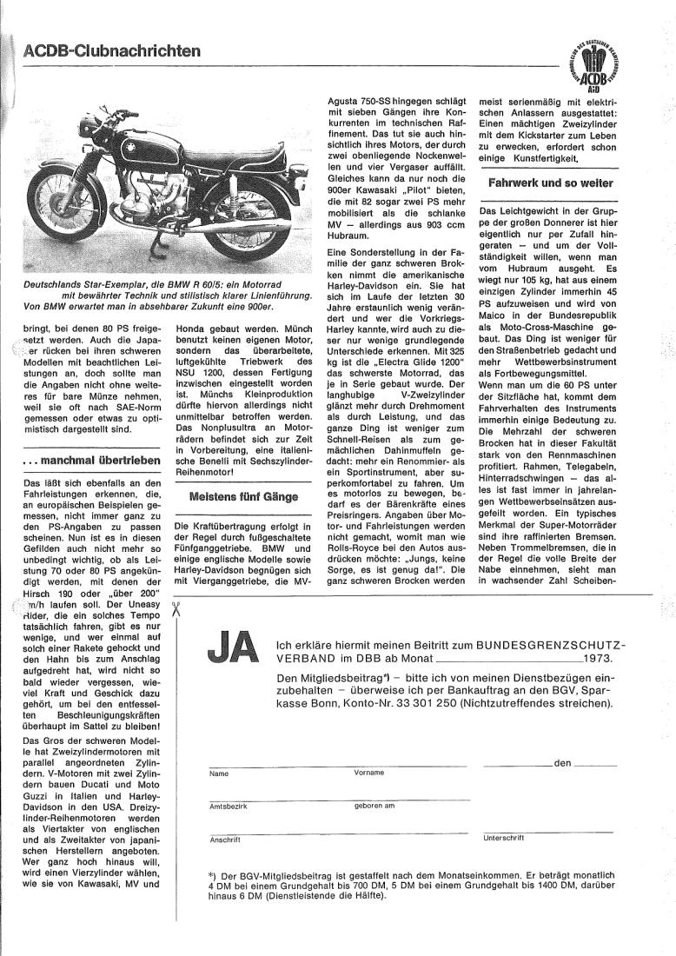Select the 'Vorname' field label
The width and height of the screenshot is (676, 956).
(371, 773)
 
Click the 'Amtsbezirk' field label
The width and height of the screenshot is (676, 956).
(229, 806)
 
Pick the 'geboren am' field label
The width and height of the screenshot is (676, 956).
(374, 806)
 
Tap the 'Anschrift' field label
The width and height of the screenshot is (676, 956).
(225, 840)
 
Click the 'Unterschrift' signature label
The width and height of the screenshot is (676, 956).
(503, 838)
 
